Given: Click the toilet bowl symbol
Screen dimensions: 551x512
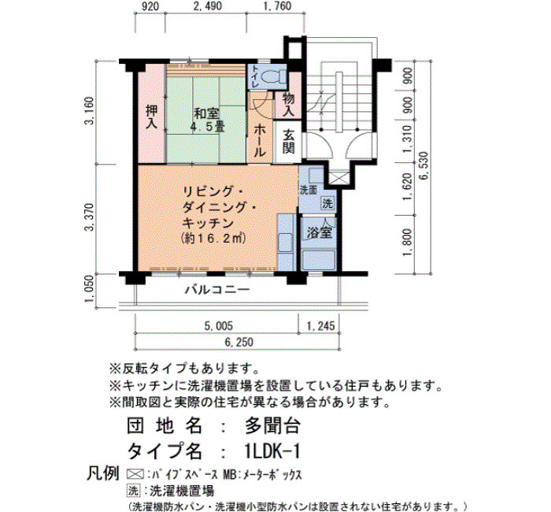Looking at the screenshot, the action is click(272, 76).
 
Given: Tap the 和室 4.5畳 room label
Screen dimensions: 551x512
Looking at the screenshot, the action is click(207, 121).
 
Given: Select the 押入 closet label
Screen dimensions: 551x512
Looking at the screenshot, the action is click(151, 117).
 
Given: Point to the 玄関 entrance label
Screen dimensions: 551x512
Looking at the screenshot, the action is click(289, 142).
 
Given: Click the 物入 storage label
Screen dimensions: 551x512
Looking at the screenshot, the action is click(289, 105).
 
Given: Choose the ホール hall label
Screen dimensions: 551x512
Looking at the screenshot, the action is click(259, 141).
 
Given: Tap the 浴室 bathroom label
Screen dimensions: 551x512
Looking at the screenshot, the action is click(319, 232).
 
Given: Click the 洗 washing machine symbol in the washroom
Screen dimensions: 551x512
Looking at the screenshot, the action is click(327, 203).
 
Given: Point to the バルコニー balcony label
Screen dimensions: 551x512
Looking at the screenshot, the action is click(217, 289).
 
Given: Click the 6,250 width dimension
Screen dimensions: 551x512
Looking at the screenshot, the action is click(239, 342).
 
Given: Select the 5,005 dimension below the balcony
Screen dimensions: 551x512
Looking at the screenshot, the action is click(218, 325).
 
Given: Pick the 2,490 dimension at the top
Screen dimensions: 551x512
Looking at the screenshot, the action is click(207, 6).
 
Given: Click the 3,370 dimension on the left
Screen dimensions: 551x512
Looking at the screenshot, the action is click(89, 217).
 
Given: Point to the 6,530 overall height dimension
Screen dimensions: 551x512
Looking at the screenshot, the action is click(424, 165).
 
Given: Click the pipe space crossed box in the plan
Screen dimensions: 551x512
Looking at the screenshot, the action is click(338, 177).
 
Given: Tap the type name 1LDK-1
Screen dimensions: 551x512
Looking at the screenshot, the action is click(272, 451).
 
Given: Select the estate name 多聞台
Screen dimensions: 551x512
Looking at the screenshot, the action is click(272, 425).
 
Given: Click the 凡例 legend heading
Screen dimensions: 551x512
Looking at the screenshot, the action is click(102, 473).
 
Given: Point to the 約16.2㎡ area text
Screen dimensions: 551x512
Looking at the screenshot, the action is click(213, 239).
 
